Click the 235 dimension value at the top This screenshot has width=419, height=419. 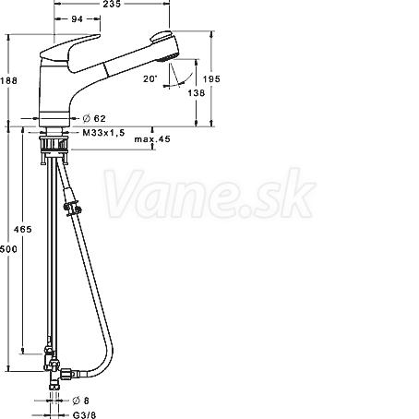[x=112, y=4]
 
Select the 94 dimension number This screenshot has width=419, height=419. [x=77, y=19]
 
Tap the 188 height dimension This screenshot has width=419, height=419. [x=8, y=80]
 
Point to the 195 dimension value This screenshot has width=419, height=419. [x=211, y=79]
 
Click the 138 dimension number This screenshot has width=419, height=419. [x=197, y=92]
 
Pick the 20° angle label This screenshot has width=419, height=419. [x=150, y=78]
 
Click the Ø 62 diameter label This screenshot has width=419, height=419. [x=94, y=118]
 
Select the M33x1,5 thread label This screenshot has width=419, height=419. [x=103, y=133]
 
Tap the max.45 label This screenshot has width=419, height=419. [x=152, y=139]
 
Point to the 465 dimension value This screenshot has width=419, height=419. [x=23, y=229]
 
